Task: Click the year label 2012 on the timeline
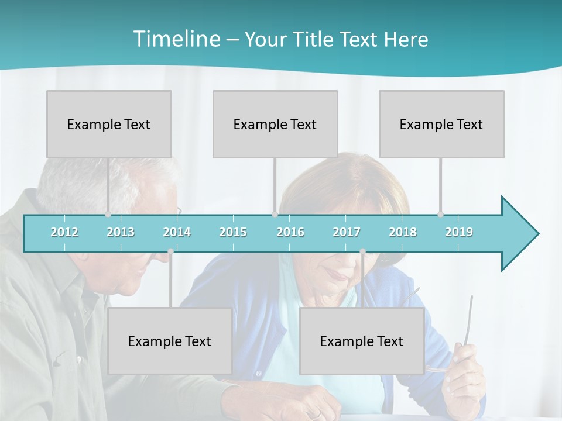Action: [64, 232]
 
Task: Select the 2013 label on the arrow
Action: [121, 232]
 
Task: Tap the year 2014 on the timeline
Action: [177, 232]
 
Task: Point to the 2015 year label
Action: [233, 232]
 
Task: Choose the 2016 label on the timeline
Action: [290, 232]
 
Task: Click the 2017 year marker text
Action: [347, 232]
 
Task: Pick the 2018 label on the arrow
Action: [403, 232]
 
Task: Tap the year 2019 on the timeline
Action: [459, 232]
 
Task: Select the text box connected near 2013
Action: [109, 124]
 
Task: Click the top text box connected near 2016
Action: [275, 124]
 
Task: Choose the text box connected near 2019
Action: [441, 124]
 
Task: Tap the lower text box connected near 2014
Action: [170, 341]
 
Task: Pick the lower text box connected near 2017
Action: [362, 341]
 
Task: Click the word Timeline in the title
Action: [176, 39]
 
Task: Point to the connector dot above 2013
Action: [108, 215]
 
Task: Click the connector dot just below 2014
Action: [170, 251]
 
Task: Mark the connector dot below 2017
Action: [362, 251]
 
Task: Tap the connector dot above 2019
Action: [440, 215]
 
